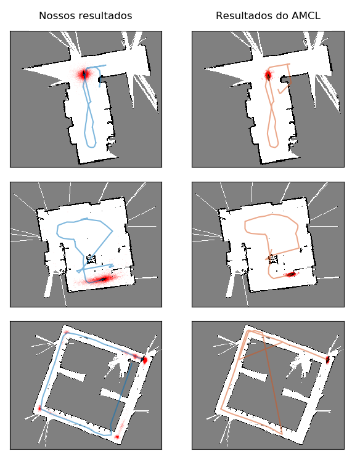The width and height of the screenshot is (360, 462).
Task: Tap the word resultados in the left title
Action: click(x=104, y=15)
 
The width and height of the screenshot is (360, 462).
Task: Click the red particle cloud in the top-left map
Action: click(x=84, y=74)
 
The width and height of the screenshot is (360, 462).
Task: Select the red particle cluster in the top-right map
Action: click(x=268, y=75)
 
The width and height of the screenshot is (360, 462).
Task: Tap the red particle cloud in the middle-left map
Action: click(x=100, y=279)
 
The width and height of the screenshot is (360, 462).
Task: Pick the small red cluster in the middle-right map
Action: click(x=291, y=274)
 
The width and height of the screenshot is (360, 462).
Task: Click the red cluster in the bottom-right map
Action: click(x=327, y=360)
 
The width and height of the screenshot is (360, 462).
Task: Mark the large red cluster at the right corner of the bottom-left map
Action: click(x=144, y=360)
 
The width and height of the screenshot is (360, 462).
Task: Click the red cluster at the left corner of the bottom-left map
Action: click(x=39, y=408)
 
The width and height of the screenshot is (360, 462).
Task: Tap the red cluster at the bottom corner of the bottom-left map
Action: click(x=117, y=437)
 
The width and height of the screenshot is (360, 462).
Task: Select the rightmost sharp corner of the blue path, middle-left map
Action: click(x=112, y=231)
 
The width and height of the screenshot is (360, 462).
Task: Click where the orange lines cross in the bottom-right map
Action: click(x=264, y=348)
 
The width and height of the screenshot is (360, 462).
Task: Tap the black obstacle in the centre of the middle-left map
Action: click(x=91, y=259)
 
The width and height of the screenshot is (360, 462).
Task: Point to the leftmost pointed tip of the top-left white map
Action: click(x=21, y=69)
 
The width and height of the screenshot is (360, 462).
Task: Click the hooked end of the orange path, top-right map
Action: click(x=279, y=92)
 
